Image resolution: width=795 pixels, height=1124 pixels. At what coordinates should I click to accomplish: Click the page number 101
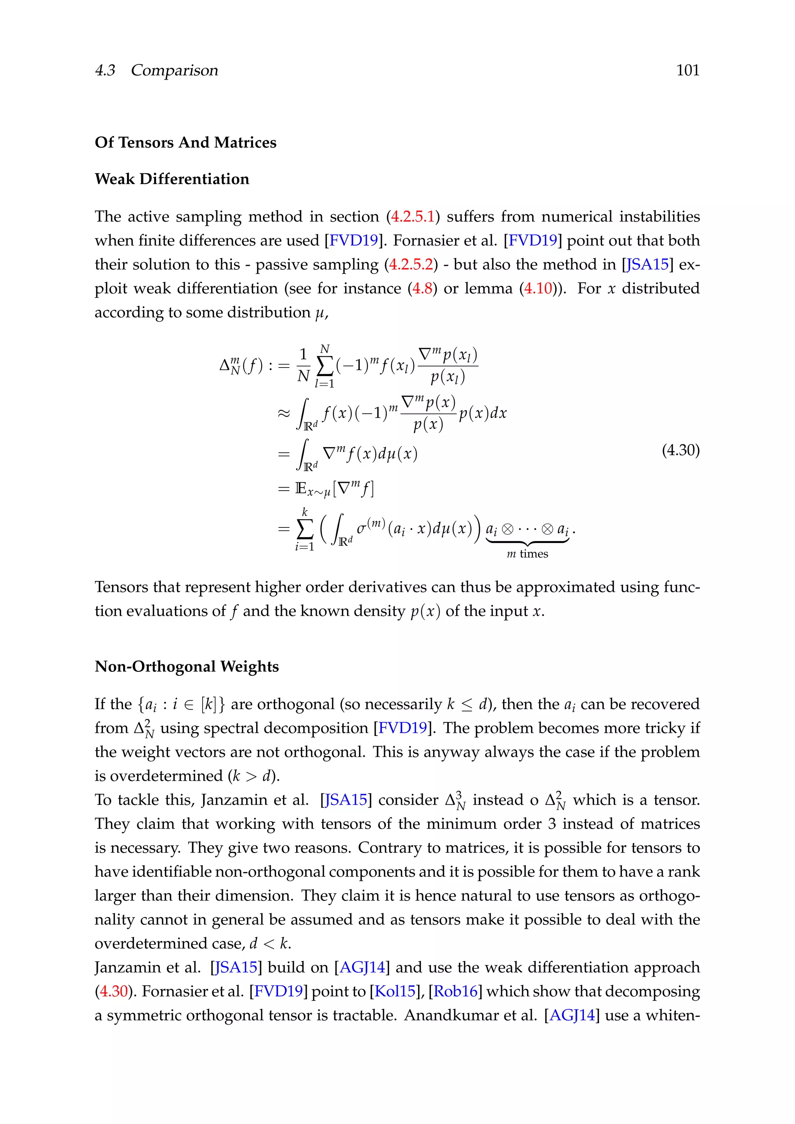[687, 71]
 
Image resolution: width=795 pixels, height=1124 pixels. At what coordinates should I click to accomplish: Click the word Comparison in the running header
[174, 71]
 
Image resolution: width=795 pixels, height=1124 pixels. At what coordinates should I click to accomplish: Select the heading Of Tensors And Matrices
[186, 142]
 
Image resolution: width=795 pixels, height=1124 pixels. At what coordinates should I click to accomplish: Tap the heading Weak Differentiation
[172, 179]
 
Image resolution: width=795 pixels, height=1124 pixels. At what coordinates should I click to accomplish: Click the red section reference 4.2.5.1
[413, 217]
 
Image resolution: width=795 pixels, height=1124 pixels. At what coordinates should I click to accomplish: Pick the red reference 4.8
[422, 288]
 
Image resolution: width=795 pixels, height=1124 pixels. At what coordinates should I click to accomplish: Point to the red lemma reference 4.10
[538, 288]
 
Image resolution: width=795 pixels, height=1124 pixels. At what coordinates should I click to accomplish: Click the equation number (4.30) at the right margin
[680, 450]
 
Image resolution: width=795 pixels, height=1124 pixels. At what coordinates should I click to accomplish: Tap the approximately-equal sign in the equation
[284, 414]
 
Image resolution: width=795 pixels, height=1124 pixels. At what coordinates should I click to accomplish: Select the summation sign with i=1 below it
[304, 529]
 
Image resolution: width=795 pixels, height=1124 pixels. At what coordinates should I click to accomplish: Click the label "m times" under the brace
[527, 554]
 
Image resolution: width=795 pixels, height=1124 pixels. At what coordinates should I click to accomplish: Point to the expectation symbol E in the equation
[300, 489]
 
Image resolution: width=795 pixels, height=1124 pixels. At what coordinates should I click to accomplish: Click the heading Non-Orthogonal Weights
[186, 667]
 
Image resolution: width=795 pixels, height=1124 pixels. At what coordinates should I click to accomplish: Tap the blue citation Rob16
[455, 991]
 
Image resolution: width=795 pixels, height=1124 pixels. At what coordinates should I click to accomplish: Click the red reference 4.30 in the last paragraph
[114, 991]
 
